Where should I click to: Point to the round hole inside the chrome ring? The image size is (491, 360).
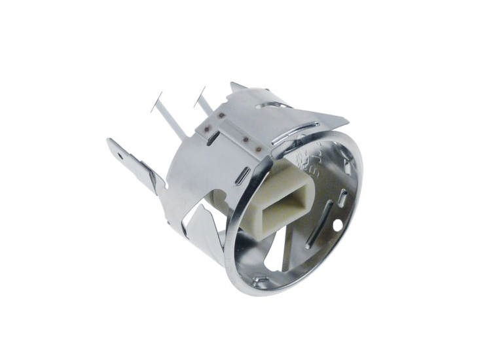(337, 226)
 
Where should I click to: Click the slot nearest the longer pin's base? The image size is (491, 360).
(212, 138)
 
